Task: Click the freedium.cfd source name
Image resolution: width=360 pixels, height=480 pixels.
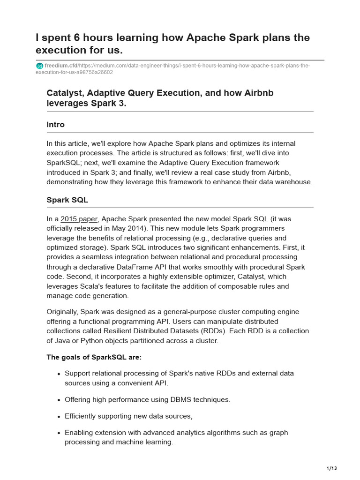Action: tap(60, 66)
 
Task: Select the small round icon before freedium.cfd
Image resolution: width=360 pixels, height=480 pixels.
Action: tap(39, 66)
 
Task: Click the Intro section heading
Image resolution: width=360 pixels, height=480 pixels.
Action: tap(56, 125)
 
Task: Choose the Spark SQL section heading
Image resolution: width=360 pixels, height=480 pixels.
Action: tap(67, 200)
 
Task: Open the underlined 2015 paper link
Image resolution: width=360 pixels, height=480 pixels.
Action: tap(79, 219)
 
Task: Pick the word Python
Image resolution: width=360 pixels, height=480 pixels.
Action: tap(95, 341)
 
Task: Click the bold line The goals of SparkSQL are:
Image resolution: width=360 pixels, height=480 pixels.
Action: tap(94, 357)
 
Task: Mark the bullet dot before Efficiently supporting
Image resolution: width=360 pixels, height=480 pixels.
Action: tap(59, 417)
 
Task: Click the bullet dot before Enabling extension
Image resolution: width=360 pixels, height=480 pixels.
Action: tap(59, 433)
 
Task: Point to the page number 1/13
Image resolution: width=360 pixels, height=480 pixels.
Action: tap(332, 468)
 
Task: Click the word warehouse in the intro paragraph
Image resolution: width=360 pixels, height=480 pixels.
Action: tap(294, 182)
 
